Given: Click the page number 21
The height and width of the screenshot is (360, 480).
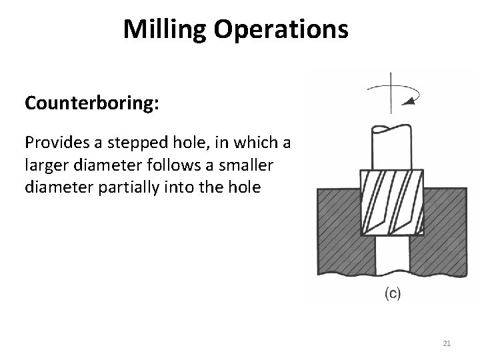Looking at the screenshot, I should [447, 343].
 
